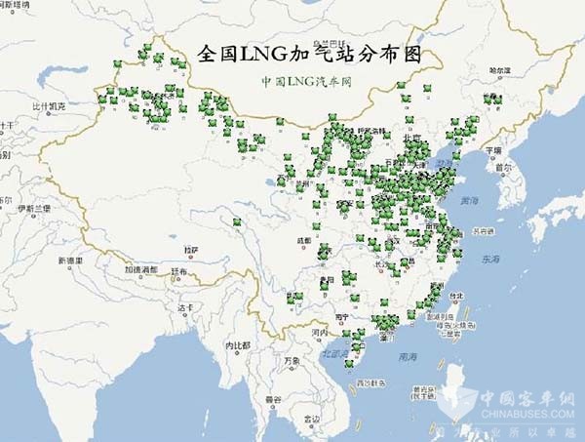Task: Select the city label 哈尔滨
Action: pos(498,71)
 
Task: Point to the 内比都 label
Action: pos(238,345)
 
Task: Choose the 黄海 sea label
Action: pos(472,201)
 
